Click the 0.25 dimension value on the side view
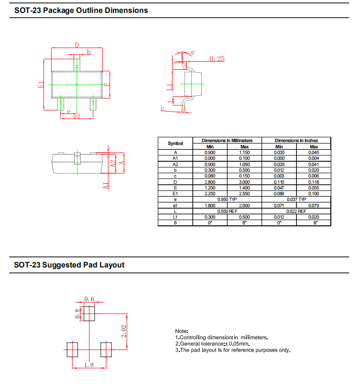(217, 58)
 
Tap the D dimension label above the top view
(77, 45)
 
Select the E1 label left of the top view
(41, 84)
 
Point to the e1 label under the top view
(76, 116)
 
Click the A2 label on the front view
(113, 163)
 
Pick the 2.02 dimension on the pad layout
(124, 331)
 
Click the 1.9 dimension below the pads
(89, 365)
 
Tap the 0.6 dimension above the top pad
(89, 299)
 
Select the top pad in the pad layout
(89, 313)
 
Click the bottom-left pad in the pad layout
(72, 350)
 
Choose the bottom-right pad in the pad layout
(106, 350)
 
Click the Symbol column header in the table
(175, 144)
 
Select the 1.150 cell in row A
(244, 153)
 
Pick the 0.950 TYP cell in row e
(227, 200)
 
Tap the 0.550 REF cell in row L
(228, 211)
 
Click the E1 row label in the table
(175, 194)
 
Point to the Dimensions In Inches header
(296, 140)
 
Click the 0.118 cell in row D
(314, 182)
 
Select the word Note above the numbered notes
(182, 331)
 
